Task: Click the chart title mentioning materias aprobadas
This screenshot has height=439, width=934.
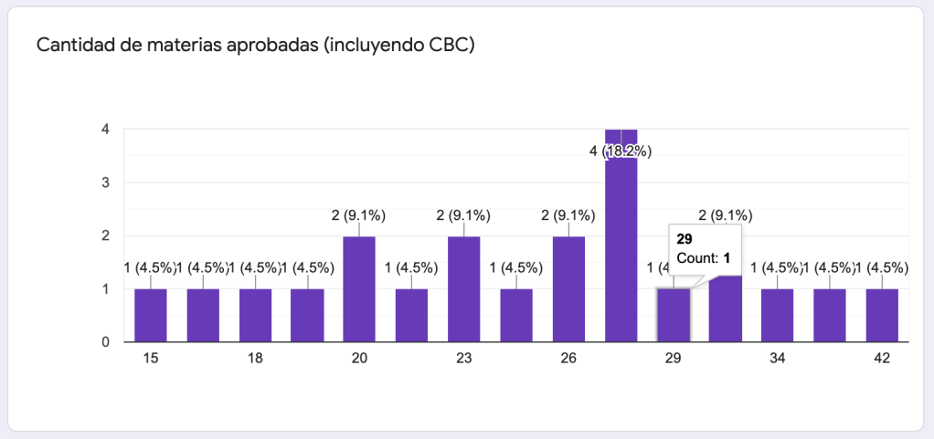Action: coord(255,45)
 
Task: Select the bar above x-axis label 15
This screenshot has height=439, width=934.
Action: coord(150,315)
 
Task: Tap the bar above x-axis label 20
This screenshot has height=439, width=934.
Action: coord(359,288)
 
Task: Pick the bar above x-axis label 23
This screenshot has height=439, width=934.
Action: coord(463,288)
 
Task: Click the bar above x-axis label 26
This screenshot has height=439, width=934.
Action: coord(568,288)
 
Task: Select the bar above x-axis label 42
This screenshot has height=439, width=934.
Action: coord(882,315)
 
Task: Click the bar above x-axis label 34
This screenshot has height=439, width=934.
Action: coord(777,315)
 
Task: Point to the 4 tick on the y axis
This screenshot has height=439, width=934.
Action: coord(106,129)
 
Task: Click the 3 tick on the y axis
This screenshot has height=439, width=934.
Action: coord(106,182)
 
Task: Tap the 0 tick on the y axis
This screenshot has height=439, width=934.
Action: coord(106,341)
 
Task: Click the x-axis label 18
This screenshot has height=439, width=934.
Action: coord(255,359)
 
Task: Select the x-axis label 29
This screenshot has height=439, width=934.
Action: coord(674,359)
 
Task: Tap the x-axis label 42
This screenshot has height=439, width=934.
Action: coord(882,359)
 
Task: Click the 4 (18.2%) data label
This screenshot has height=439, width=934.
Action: coord(621,151)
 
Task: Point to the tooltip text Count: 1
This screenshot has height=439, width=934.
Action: coord(704,258)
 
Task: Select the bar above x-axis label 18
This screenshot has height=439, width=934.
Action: coord(255,315)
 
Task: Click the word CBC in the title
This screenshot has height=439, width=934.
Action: coord(449,45)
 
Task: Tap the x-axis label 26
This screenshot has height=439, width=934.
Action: coord(568,359)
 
